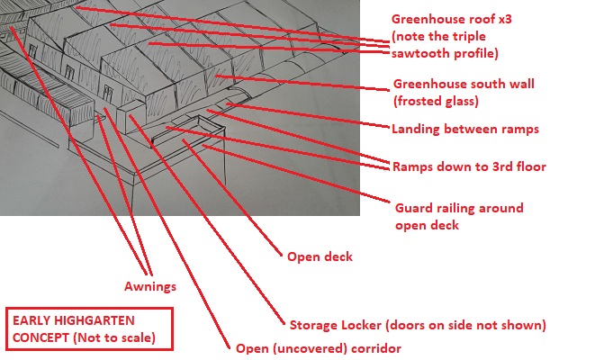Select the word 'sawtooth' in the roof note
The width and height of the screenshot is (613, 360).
click(x=419, y=54)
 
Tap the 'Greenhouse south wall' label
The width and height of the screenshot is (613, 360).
click(x=464, y=84)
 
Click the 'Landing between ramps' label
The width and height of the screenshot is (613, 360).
click(x=464, y=129)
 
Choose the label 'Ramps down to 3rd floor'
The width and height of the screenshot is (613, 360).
click(x=469, y=166)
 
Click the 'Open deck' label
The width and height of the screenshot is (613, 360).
click(x=320, y=257)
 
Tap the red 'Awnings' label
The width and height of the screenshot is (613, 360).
click(x=150, y=288)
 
